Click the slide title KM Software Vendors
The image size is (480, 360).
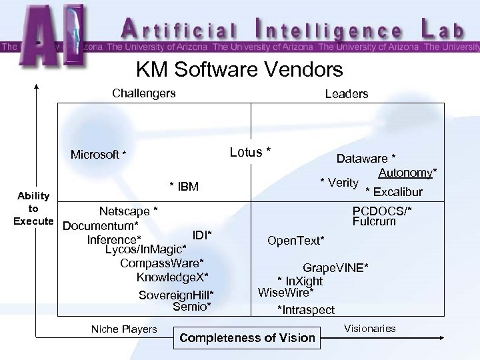(239, 69)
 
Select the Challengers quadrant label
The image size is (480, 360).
(144, 93)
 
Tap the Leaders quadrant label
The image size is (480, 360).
(346, 94)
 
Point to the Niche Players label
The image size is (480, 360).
(124, 329)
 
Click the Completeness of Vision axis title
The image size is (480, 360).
(247, 337)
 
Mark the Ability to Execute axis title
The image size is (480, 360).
(33, 208)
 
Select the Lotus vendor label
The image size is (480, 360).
(250, 152)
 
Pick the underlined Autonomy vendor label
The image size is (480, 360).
(407, 173)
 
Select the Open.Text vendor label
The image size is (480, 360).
(296, 239)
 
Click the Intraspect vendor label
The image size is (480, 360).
(306, 309)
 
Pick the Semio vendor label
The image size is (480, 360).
(192, 307)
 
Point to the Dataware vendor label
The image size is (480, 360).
(366, 158)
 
